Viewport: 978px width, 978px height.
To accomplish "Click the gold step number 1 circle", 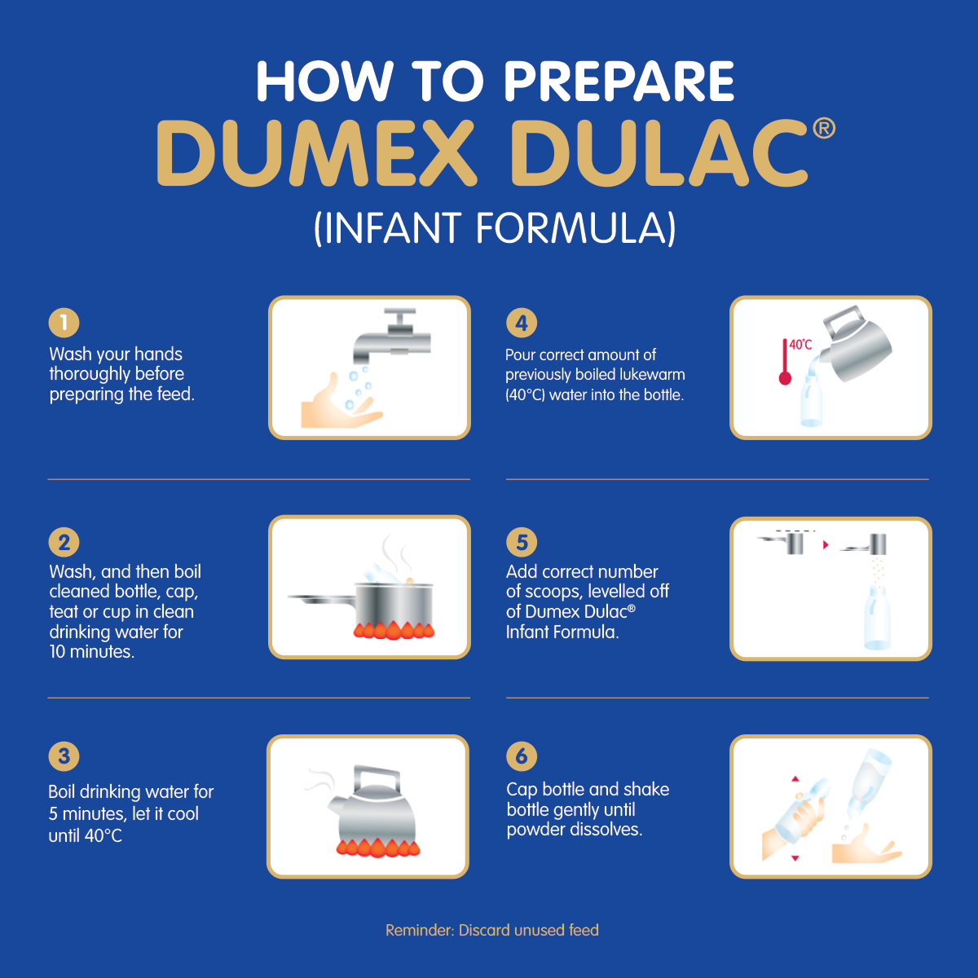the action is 64,322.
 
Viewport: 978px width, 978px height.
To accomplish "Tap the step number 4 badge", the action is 522,322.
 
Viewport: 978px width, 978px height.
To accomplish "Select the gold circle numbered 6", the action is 522,756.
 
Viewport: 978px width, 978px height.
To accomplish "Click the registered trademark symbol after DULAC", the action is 824,128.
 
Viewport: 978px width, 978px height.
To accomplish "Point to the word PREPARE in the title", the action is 619,81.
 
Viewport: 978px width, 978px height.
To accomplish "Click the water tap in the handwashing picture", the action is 392,336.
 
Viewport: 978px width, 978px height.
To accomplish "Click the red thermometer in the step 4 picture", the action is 785,362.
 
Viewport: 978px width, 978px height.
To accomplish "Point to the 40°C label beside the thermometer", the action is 801,345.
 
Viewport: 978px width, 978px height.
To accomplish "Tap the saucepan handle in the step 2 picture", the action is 321,599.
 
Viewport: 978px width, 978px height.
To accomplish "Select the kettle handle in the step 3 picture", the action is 376,778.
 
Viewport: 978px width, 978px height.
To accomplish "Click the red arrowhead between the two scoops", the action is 826,544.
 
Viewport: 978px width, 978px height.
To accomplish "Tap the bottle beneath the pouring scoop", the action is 877,617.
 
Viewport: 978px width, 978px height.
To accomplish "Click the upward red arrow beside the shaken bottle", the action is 795,778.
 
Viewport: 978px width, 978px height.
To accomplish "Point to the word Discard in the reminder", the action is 485,930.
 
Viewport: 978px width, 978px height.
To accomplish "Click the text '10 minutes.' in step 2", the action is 92,652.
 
